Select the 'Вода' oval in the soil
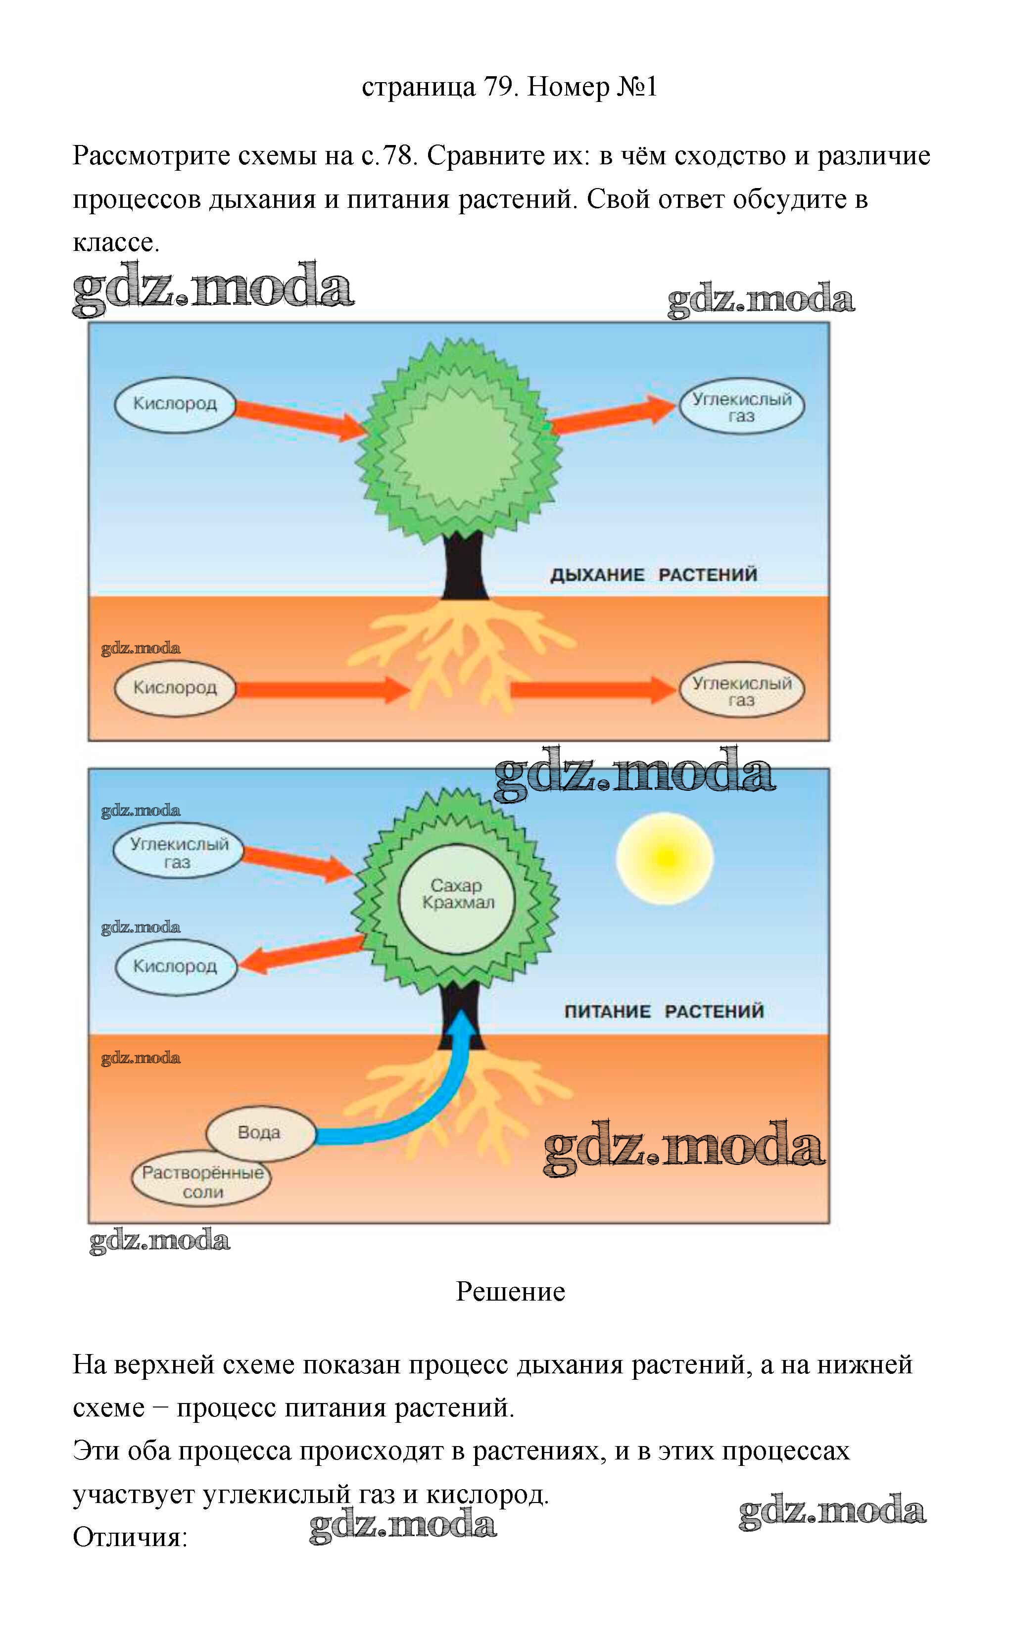260,1132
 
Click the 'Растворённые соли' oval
202,1182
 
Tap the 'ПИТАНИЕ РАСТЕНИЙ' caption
664,1011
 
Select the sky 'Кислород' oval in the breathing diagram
175,404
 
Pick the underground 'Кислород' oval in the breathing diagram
175,688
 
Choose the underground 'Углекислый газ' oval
741,691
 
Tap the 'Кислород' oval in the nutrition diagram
175,967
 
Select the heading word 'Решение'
510,1292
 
